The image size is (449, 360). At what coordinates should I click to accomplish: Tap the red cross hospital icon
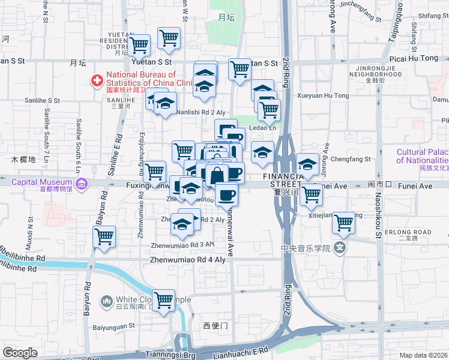point(96,80)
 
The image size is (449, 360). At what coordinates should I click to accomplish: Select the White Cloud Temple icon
point(107,300)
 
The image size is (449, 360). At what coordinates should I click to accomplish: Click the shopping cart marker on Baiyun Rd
point(104,238)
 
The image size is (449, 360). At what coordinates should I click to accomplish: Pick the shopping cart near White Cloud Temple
point(163,301)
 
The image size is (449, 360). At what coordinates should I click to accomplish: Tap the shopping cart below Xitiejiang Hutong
point(343,223)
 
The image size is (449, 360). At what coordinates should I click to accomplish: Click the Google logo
point(20,352)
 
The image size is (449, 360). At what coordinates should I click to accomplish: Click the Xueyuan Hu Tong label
point(323,95)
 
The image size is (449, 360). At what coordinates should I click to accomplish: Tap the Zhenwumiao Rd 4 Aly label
point(188,260)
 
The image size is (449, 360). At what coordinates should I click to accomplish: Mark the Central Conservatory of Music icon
point(341,247)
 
